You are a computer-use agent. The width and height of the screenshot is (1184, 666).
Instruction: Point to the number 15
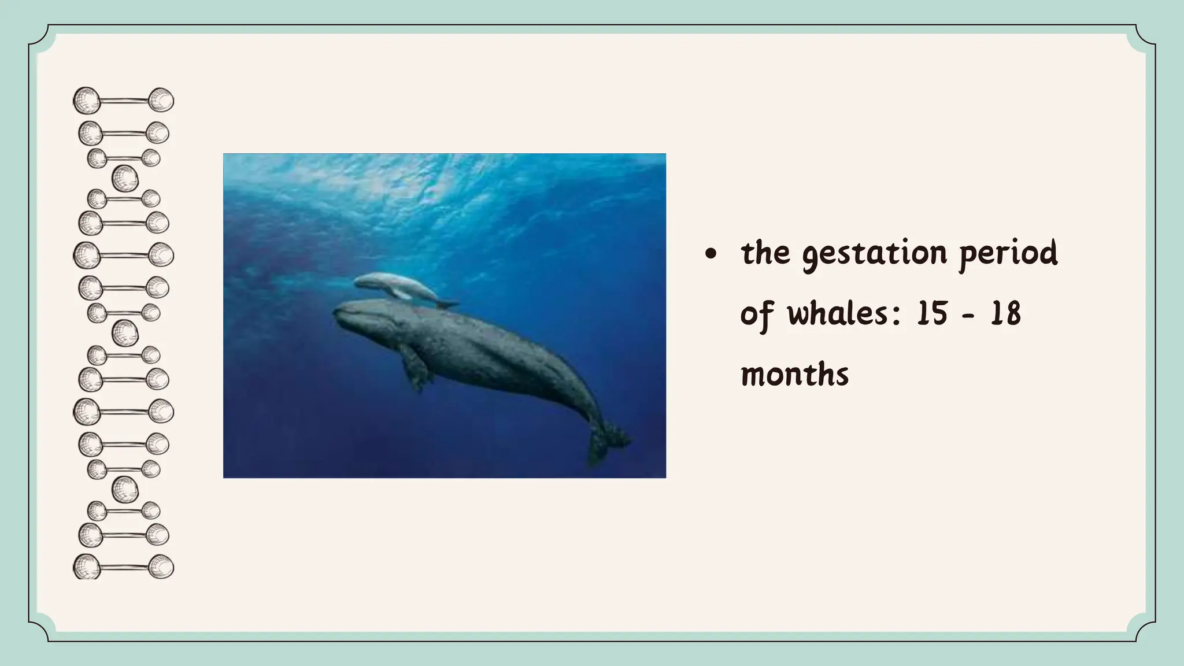point(932,314)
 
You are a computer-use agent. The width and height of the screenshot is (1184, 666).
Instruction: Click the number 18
point(1006,314)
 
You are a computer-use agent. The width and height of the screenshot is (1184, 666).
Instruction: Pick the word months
point(794,375)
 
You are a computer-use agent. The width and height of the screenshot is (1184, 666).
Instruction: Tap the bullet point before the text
point(711,254)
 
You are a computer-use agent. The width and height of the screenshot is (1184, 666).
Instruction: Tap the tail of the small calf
point(447,303)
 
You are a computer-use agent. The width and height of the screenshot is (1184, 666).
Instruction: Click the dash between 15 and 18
point(968,315)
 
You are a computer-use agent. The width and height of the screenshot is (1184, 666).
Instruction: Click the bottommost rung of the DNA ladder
point(124,567)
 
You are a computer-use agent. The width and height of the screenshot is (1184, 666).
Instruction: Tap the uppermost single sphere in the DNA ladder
point(125,178)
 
